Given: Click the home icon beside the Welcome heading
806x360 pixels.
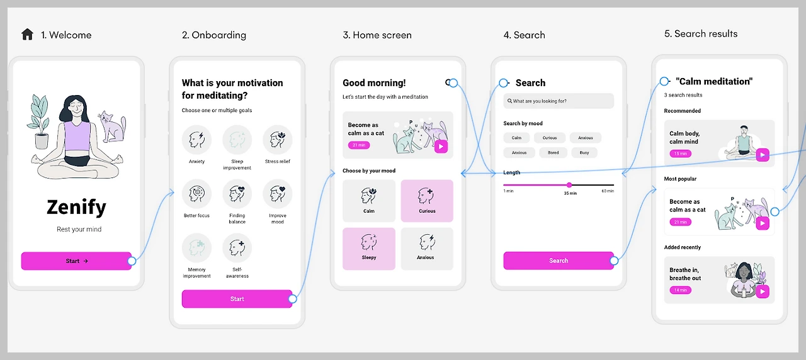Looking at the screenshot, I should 27,34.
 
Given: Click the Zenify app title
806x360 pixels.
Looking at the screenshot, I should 76,206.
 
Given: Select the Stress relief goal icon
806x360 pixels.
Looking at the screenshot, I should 277,140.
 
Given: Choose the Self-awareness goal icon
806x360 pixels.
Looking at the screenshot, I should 237,248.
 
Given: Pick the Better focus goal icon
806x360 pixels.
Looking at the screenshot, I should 196,194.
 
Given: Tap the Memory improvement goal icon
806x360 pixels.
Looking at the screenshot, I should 196,248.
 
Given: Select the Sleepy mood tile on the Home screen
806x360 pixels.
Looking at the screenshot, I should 369,249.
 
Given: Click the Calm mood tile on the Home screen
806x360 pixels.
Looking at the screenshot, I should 369,201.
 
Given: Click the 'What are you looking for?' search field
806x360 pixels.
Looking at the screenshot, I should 559,101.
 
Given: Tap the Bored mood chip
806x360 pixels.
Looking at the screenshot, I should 553,152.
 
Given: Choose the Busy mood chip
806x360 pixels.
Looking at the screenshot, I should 584,152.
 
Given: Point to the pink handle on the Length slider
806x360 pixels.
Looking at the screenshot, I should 569,185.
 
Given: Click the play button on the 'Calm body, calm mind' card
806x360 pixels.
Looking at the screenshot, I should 763,155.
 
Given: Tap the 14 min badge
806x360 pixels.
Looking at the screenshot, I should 680,290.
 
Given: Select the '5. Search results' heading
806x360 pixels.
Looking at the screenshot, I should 701,34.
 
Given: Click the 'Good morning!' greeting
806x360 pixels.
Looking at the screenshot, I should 374,82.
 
